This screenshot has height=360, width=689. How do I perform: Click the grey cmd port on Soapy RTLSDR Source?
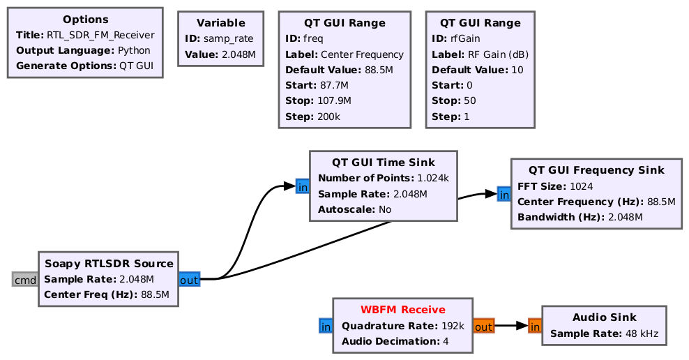(x=24, y=280)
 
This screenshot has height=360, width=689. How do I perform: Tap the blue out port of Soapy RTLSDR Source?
(x=190, y=280)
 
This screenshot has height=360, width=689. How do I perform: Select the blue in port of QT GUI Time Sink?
(x=303, y=187)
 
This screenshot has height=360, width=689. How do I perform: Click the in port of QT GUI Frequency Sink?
(x=504, y=194)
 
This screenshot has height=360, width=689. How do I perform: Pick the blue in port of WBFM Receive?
(x=326, y=326)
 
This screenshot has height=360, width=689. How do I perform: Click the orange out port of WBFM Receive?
(x=484, y=326)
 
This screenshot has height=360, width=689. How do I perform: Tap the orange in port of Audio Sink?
(x=535, y=326)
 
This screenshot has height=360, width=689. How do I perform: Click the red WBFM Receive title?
(x=403, y=310)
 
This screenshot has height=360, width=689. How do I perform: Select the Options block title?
(x=86, y=20)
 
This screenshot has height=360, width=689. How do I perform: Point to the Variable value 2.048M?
(x=238, y=54)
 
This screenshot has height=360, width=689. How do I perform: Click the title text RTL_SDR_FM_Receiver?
(x=100, y=35)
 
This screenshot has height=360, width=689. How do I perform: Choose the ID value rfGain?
(x=465, y=38)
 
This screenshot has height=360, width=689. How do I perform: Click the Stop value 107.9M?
(x=334, y=100)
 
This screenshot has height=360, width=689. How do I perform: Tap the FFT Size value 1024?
(x=582, y=186)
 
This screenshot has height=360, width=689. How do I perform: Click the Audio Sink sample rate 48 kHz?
(x=642, y=333)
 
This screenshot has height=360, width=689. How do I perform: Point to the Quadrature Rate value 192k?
(x=453, y=326)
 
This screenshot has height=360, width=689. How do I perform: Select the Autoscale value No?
(x=385, y=209)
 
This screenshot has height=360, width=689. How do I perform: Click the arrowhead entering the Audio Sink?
(x=522, y=326)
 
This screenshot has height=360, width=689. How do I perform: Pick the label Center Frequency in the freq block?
(x=362, y=54)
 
